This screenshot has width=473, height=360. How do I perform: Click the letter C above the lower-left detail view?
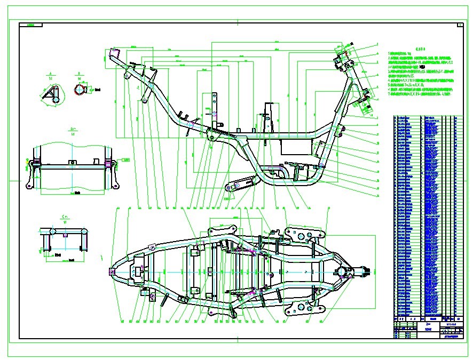[64, 216]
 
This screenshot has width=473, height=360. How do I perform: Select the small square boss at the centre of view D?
[72, 161]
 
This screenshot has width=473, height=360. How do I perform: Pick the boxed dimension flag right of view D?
[127, 159]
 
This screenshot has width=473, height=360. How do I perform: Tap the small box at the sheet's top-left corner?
[30, 25]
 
